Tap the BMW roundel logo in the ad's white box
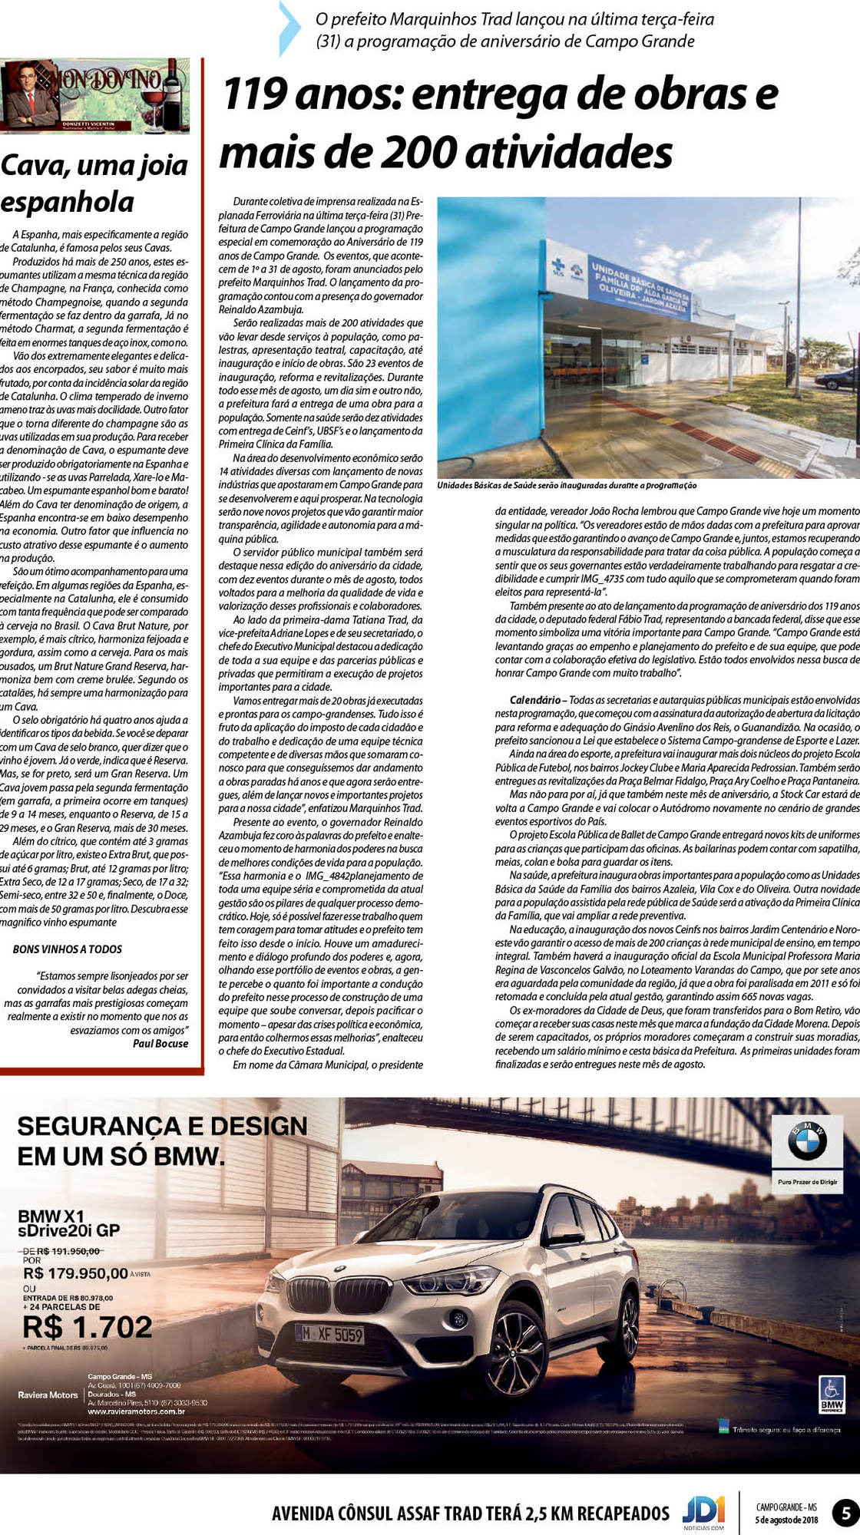pos(807,1143)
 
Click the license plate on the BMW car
pos(331,1335)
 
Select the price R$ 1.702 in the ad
pos(87,1326)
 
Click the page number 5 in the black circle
pos(845,1514)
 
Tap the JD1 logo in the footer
pos(703,1511)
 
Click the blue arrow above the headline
pos(289,28)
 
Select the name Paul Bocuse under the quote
pos(160,1043)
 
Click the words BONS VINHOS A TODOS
pos(68,949)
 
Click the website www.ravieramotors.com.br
pos(136,1411)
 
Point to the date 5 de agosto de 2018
pos(786,1520)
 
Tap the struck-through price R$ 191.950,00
pos(70,1250)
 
